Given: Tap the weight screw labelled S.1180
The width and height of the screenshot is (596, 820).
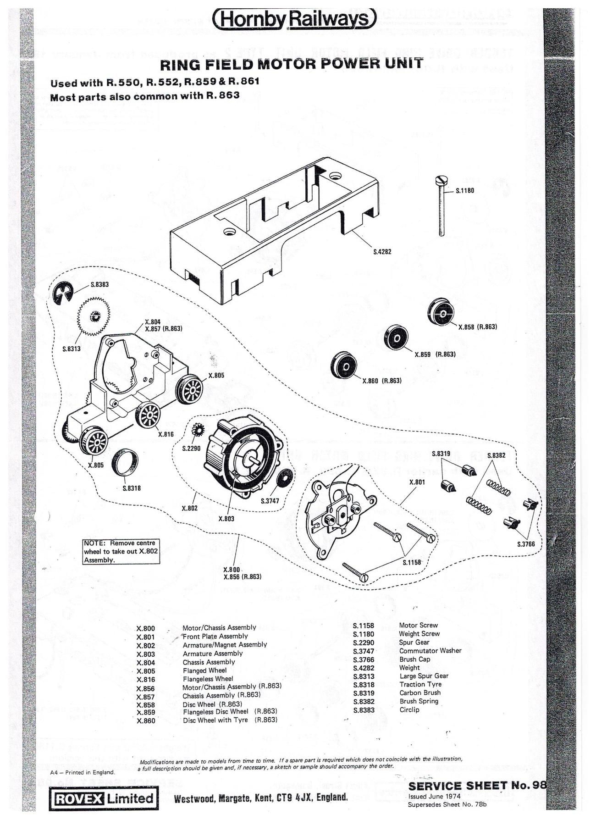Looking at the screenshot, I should (x=441, y=206).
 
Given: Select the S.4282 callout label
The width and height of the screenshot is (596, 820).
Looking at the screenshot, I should (x=382, y=252).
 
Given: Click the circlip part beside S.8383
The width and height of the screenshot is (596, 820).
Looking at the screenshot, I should (x=67, y=291).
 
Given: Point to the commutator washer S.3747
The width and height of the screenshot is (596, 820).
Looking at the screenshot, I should (x=285, y=478).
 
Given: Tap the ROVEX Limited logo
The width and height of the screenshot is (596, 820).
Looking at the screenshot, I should (x=105, y=798).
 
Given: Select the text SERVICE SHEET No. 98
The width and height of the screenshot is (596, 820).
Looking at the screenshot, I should (x=477, y=785).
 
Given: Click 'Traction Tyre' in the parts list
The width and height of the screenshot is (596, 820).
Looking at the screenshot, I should (x=420, y=684).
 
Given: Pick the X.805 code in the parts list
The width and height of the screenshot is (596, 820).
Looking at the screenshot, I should (x=146, y=671).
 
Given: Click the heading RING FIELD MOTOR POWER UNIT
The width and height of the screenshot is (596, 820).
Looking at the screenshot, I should (x=291, y=64).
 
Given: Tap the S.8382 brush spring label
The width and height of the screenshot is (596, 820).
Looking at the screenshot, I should (x=496, y=455).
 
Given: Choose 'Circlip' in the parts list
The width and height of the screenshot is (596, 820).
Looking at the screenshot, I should (x=409, y=709).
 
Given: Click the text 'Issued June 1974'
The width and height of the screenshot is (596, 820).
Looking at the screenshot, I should (x=434, y=797).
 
